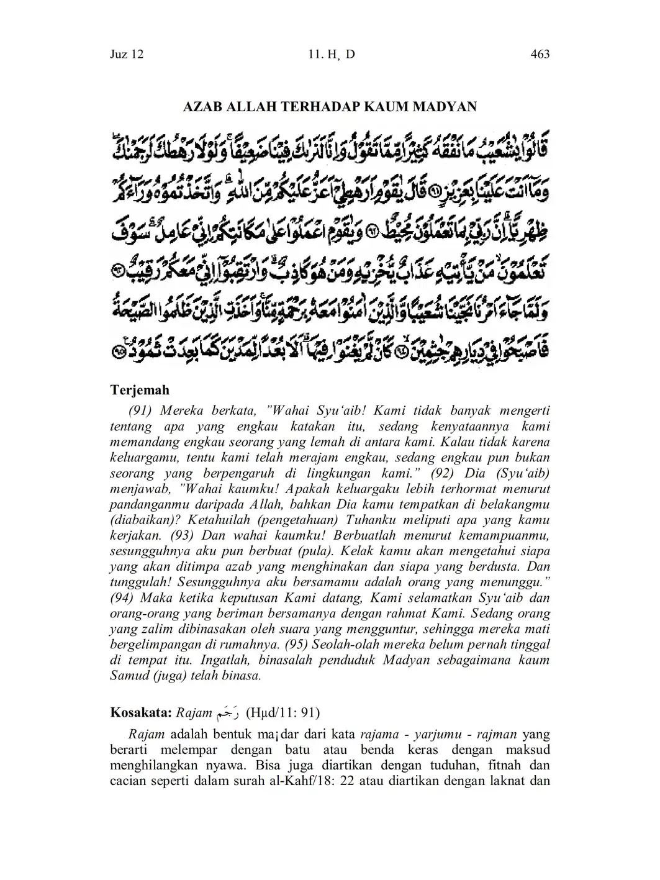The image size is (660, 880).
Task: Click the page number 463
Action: coord(540,54)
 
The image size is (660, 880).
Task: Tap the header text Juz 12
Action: coord(127,54)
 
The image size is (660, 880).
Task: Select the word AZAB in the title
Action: coord(201,106)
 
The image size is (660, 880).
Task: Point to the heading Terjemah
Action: coord(140,391)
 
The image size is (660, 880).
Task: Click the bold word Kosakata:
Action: coord(141,712)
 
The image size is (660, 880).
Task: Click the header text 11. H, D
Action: coord(331,54)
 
